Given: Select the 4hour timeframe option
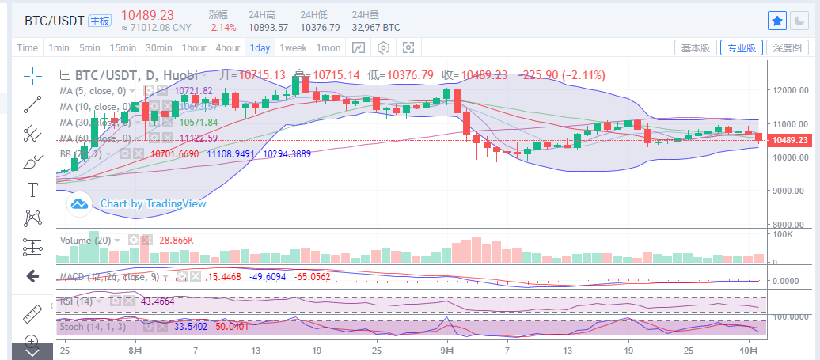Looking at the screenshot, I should click(x=228, y=47).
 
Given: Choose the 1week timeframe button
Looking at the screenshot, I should click(x=293, y=47).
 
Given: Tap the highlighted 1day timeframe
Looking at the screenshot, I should click(x=260, y=47).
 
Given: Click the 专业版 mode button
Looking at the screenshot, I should click(x=742, y=47).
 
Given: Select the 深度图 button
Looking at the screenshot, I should click(x=788, y=47).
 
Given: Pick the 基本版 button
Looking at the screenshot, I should click(x=696, y=47).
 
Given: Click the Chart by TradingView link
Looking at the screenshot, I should click(x=153, y=203).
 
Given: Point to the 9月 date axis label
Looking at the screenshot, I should click(x=447, y=350).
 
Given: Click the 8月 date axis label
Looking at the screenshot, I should click(x=135, y=350).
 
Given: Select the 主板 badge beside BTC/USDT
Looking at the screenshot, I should click(x=99, y=21).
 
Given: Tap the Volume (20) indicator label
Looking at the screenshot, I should click(x=86, y=239).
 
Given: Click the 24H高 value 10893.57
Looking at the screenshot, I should click(x=268, y=27).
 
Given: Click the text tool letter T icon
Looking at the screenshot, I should click(x=32, y=190).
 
